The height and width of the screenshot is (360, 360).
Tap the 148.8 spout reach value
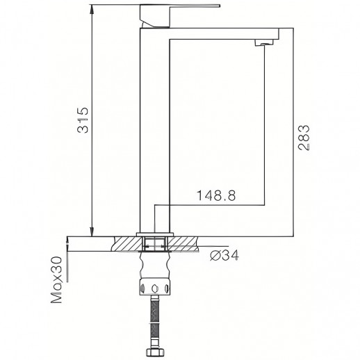pos(217,196)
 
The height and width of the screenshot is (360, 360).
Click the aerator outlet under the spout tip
pos(263,44)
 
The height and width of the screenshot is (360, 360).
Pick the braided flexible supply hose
pos(155,316)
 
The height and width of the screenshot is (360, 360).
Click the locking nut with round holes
pos(154,287)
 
